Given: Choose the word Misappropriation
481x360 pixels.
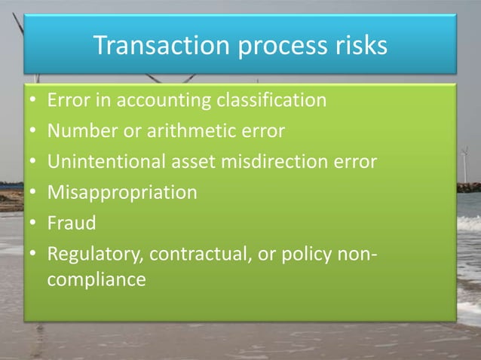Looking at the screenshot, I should [x=122, y=193].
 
